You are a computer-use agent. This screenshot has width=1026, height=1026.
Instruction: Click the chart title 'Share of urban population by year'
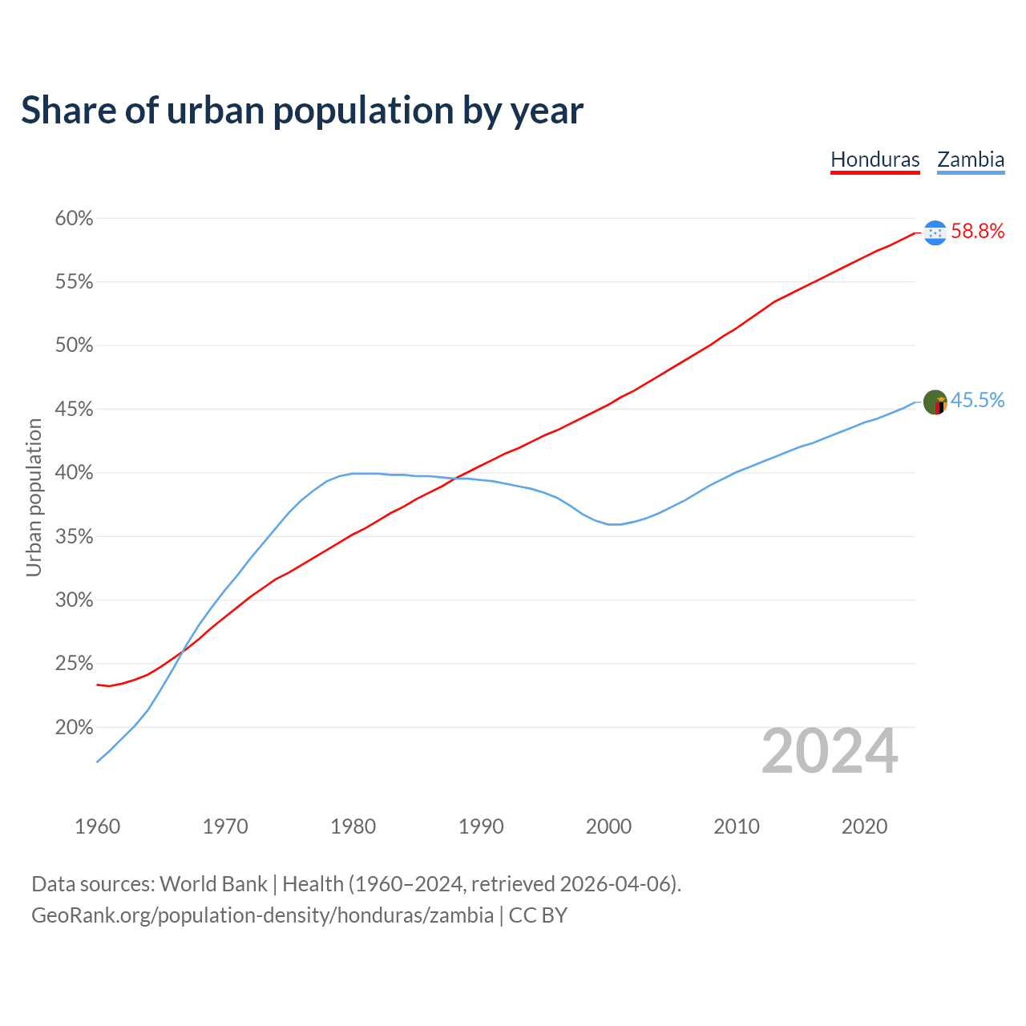coord(302,111)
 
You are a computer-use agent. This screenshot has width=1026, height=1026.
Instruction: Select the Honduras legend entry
coord(875,160)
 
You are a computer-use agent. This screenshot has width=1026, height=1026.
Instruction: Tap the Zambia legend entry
coord(971,160)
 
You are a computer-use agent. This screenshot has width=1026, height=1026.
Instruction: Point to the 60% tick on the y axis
coord(75,219)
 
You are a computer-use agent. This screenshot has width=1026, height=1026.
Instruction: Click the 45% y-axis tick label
coord(75,410)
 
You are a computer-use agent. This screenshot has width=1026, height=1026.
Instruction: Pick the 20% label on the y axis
coord(75,728)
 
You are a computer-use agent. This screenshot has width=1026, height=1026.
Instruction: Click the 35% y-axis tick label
coord(75,537)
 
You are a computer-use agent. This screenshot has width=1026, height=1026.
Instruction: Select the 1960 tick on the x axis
coord(97,826)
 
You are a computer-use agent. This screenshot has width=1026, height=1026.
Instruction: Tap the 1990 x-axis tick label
coord(481,826)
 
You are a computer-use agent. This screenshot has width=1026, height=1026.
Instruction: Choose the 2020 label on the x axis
coord(864,826)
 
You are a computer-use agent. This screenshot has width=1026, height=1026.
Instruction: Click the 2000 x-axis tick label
coord(608,826)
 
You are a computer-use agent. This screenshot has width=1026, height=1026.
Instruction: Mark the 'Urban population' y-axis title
coord(34,497)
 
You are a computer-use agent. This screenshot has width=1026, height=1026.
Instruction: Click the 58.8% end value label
coord(977,232)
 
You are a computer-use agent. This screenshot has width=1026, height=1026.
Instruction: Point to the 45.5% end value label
coord(977,401)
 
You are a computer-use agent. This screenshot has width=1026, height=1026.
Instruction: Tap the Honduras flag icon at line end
coord(935,232)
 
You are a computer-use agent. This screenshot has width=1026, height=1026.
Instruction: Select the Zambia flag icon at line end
coord(935,402)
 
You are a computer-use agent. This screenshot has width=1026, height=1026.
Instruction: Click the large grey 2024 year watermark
coord(830,752)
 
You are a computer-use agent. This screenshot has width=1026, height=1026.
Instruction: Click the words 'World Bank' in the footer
coord(213,884)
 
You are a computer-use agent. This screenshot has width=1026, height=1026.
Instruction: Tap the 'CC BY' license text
coord(538,915)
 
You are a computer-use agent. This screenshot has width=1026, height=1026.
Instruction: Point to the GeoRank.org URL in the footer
coord(262,915)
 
